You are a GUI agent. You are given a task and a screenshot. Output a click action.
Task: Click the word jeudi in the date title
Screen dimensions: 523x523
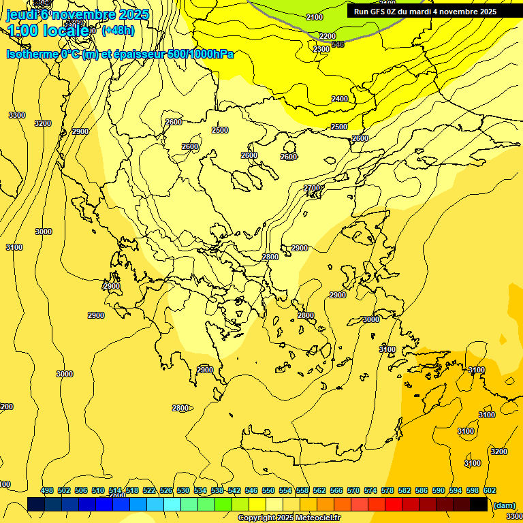(21, 14)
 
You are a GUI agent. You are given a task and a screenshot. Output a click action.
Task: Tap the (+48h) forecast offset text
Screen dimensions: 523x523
(118, 30)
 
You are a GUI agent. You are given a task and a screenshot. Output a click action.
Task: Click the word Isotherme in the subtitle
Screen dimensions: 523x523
(31, 54)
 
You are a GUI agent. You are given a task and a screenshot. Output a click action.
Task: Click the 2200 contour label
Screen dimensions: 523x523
(328, 36)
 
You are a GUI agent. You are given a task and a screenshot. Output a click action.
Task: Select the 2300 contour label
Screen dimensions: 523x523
(321, 49)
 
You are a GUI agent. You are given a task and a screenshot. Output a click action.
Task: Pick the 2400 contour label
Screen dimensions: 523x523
(340, 99)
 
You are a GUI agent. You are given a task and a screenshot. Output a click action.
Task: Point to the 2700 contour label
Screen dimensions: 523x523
(311, 188)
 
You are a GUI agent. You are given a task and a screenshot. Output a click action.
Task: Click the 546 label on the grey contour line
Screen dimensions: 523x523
(338, 45)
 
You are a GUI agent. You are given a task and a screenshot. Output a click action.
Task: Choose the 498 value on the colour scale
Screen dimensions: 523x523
(47, 490)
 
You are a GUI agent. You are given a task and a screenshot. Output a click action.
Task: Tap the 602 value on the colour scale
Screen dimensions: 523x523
(490, 490)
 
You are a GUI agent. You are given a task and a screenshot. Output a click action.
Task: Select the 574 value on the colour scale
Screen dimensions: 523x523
(370, 490)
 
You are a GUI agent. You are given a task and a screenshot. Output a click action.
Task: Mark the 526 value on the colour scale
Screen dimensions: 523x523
(166, 490)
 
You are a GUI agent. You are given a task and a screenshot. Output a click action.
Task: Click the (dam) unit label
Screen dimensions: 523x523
(504, 505)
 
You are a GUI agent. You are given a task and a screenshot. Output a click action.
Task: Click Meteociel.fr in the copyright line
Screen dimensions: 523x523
(318, 518)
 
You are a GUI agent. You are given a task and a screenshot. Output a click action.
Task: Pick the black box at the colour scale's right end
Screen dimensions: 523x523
(479, 504)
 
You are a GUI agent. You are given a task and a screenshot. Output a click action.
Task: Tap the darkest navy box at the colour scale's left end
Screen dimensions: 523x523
(36, 504)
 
